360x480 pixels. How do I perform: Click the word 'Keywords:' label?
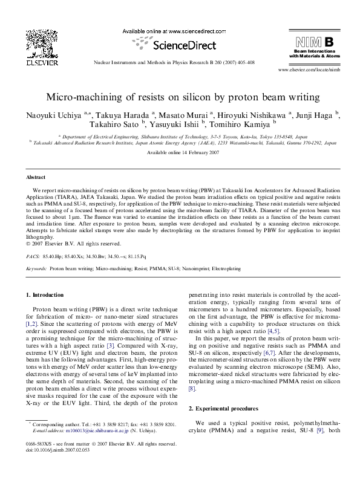(x=36, y=267)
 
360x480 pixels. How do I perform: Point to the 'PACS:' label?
(x=33, y=256)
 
